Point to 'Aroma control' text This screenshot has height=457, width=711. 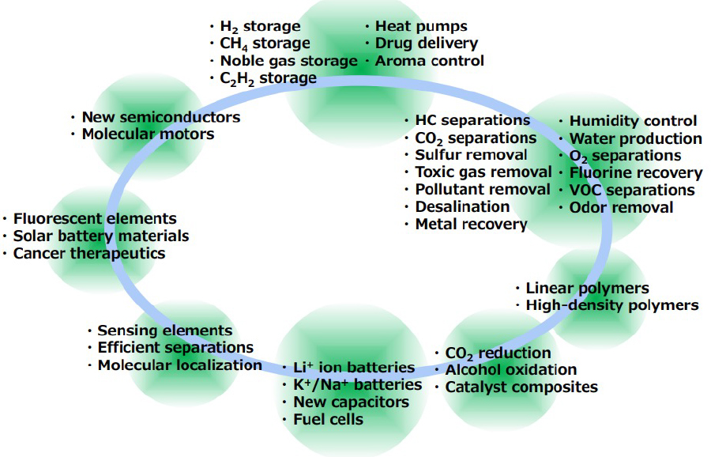[430, 61]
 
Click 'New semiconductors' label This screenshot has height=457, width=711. [161, 117]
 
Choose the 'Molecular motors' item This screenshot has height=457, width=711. [148, 134]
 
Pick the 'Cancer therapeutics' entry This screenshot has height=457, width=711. [89, 253]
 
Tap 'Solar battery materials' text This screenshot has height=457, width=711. [101, 236]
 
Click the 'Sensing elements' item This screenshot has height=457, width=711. [164, 330]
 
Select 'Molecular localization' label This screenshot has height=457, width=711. [179, 365]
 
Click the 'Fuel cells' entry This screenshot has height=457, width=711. [328, 419]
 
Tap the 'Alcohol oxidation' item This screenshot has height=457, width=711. [510, 370]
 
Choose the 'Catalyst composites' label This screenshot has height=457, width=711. [521, 387]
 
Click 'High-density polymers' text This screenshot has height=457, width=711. [611, 305]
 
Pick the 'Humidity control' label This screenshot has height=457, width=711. [633, 121]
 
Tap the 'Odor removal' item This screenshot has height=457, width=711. [621, 208]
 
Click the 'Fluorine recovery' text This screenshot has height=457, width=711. [635, 173]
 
